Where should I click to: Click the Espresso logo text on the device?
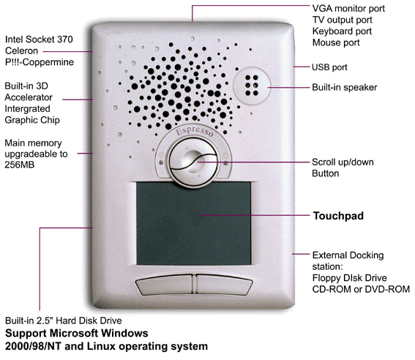tap(195, 132)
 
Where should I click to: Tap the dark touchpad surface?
tap(193, 223)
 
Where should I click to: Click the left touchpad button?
tap(165, 285)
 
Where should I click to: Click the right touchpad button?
tap(225, 285)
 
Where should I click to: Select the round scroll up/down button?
tap(193, 162)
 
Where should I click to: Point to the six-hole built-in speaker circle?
tap(252, 85)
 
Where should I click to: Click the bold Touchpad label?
tap(338, 216)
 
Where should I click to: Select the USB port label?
tap(329, 67)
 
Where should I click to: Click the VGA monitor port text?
tap(348, 9)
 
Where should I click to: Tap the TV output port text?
tap(343, 20)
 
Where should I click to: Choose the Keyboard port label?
tap(342, 31)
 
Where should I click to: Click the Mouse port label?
tap(336, 42)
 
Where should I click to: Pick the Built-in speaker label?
tap(344, 87)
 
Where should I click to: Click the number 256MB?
tap(20, 165)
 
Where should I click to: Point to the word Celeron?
tap(21, 50)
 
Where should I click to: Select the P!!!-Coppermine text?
tap(40, 62)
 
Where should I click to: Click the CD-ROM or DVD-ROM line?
tap(361, 289)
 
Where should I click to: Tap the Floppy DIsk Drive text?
tap(349, 278)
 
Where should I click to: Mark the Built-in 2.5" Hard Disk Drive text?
tap(64, 320)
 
